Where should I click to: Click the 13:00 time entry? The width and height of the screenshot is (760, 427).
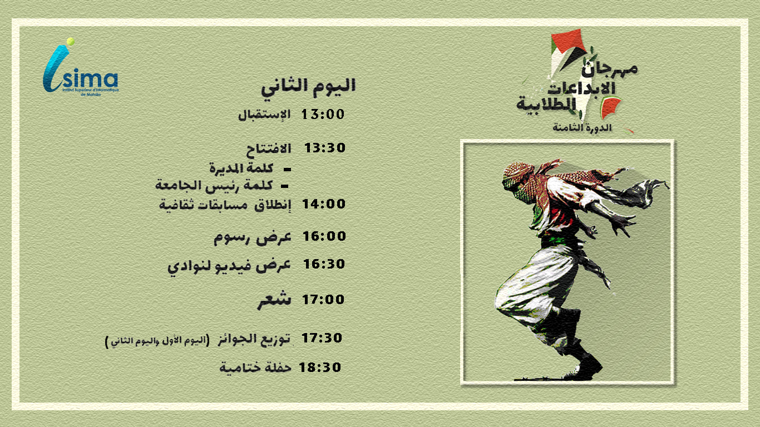(x=323, y=115)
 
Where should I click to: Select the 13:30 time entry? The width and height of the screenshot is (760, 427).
(x=325, y=148)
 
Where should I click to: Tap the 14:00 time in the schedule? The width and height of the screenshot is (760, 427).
(x=324, y=204)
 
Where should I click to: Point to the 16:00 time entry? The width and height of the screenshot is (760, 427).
(x=324, y=236)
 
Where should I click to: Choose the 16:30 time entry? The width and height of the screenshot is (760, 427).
(x=324, y=264)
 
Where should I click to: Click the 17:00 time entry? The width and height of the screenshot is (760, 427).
(x=323, y=300)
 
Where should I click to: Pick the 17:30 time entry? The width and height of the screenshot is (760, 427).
(x=322, y=338)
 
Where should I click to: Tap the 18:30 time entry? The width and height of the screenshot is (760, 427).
(x=320, y=368)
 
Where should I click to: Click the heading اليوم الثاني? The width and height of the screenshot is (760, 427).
(x=308, y=87)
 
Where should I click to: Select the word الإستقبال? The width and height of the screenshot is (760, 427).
(x=264, y=115)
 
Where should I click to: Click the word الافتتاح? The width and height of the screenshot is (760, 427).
(x=268, y=150)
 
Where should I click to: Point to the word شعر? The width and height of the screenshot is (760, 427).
(x=274, y=300)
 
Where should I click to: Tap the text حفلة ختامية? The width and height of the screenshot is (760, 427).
(x=255, y=368)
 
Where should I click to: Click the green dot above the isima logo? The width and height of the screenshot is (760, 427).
(x=71, y=41)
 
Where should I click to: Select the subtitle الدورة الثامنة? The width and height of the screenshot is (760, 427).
(x=582, y=128)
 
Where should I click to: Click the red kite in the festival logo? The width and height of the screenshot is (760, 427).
(x=567, y=41)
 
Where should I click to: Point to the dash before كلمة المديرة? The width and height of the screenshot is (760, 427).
(x=288, y=169)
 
